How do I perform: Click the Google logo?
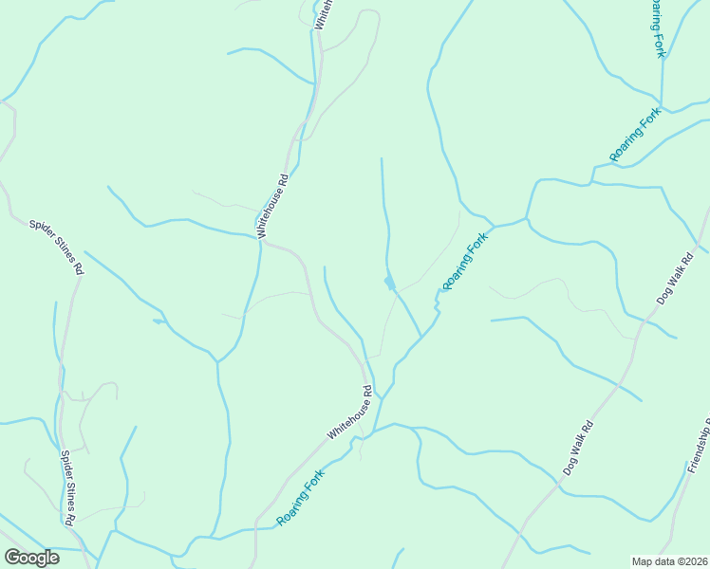(31, 558)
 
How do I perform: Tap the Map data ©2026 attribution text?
(670, 561)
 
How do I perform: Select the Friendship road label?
(700, 446)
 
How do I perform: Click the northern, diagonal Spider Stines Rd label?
(56, 247)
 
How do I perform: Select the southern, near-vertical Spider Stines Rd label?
(67, 487)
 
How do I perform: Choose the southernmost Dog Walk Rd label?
(577, 448)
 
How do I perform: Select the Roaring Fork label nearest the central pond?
(465, 261)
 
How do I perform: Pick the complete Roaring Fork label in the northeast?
(635, 135)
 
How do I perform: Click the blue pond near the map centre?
(388, 283)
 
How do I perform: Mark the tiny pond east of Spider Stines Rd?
(158, 321)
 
